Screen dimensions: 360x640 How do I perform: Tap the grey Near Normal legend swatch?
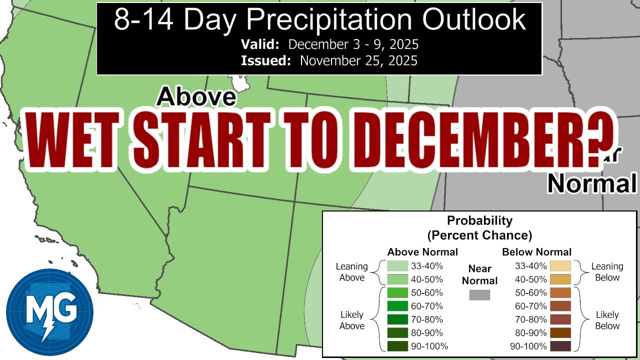pos(479,295)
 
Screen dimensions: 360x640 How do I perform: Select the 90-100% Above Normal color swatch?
pos(397,346)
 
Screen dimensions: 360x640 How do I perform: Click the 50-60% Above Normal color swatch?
pos(397,292)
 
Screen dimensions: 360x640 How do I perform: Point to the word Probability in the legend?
pos(479,220)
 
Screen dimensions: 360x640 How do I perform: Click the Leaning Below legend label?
pos(607,272)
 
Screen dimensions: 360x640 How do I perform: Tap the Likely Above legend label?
pos(352,320)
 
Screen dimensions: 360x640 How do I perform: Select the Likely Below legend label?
pos(607,320)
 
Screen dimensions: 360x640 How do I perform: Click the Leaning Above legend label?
pos(352,272)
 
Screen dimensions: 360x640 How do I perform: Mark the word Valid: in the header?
pos(260,44)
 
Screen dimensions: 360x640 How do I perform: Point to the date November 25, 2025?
pos(358,61)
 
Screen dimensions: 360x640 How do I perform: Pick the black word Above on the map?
pos(195,96)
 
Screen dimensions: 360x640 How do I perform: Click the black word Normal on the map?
pos(591,183)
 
